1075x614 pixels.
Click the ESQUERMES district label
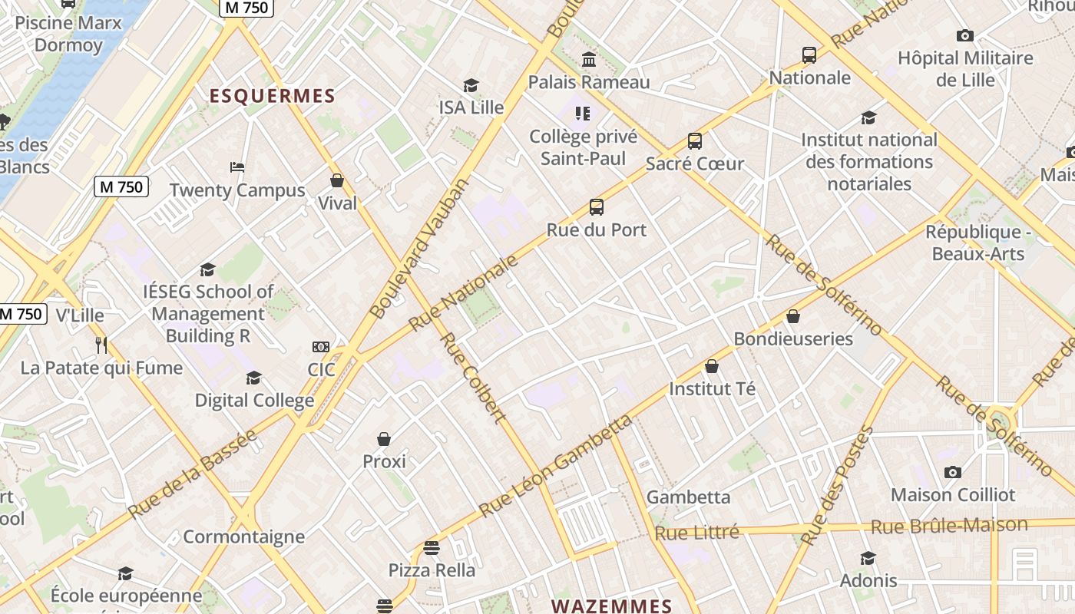pos(273,96)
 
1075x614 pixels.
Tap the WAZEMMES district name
pos(611,606)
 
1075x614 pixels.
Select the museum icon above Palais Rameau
pos(589,59)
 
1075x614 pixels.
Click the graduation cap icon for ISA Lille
pos(471,85)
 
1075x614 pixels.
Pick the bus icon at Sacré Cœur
pos(695,141)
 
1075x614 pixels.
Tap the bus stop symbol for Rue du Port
pos(597,207)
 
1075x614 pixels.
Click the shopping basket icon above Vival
pos(337,180)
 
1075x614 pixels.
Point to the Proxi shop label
pos(384,461)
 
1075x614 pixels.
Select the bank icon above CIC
pos(321,347)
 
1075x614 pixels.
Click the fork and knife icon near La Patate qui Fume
pos(101,345)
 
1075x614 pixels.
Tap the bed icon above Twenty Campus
pos(237,167)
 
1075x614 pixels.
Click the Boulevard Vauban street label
pos(418,249)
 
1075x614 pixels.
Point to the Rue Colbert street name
pos(472,378)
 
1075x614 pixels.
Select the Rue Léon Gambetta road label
pos(556,465)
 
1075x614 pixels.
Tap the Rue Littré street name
pos(696,532)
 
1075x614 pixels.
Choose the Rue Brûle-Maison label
pos(948,526)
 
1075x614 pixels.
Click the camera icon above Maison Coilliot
pos(953,472)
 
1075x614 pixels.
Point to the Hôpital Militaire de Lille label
pos(965,69)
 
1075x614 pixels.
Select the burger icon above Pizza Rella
pos(432,548)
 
